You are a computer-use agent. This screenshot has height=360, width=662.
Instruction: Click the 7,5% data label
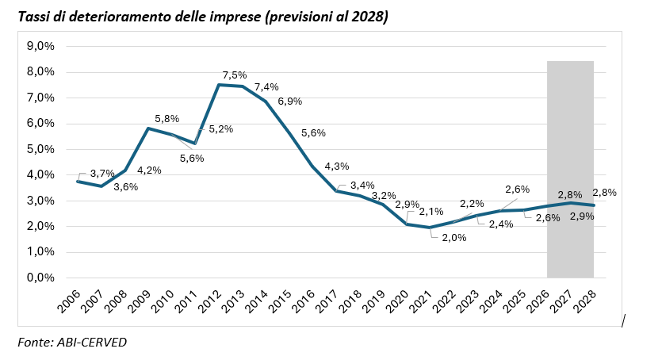pos(235,75)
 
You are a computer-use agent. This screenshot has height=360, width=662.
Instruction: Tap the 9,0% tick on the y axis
pos(40,46)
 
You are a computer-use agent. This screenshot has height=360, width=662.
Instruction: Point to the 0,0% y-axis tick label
pos(40,278)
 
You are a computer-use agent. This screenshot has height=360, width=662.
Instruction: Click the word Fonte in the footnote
pos(35,342)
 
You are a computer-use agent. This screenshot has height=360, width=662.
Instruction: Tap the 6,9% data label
pos(289,101)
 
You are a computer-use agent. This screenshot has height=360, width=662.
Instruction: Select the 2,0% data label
pos(454,238)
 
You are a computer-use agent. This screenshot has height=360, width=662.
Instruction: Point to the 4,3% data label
pos(336,167)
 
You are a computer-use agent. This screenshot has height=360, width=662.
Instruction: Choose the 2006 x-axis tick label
pos(69,301)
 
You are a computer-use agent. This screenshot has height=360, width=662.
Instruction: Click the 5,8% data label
pos(166,119)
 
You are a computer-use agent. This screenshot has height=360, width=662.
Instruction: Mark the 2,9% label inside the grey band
pos(582,216)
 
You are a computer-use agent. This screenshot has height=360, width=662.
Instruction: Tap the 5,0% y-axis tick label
pos(40,149)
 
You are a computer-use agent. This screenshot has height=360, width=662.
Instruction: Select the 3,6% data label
pos(126,187)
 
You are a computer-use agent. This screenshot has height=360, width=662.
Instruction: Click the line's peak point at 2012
pos(218,85)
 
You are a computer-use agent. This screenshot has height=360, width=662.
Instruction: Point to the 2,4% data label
pos(501,224)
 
